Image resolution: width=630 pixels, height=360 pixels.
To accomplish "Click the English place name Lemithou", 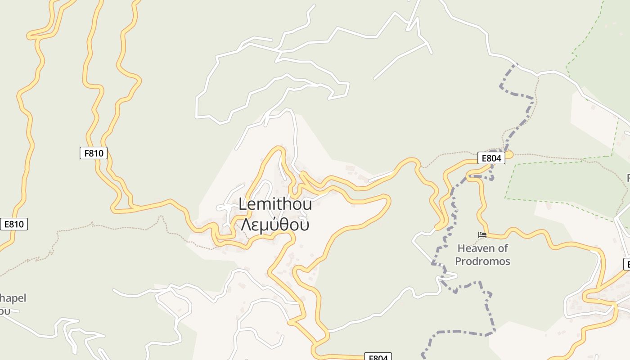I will [x=275, y=205].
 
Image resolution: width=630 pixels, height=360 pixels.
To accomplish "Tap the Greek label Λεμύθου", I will [x=275, y=225].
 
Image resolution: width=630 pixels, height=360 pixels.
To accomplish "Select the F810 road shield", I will [x=94, y=153].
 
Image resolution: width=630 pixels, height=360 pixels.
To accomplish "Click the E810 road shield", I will [x=14, y=224].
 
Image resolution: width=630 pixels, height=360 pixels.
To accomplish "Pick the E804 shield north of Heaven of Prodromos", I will [x=491, y=158].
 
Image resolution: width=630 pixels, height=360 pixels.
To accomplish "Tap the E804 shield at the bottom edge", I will [x=378, y=357].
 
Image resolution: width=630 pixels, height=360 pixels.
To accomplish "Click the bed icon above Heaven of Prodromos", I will [x=482, y=235].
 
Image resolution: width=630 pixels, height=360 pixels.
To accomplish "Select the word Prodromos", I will [x=482, y=261].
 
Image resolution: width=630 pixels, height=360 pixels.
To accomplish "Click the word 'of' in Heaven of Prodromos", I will [x=502, y=248].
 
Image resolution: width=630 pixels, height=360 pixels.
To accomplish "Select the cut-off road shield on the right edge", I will [x=626, y=264].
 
